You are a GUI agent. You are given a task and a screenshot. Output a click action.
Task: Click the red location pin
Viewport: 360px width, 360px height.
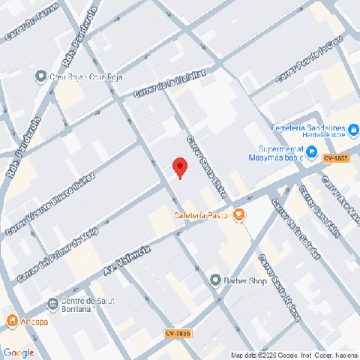click(x=179, y=167)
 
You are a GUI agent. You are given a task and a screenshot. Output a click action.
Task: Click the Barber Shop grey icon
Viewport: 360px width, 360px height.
click(x=215, y=280)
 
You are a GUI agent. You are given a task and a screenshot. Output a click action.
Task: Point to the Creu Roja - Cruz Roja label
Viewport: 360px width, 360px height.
click(x=86, y=76)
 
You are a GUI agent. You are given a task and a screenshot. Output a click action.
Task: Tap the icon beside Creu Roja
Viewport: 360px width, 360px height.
click(x=41, y=76)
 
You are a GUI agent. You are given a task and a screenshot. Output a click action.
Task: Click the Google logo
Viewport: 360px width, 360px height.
click(x=18, y=352)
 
